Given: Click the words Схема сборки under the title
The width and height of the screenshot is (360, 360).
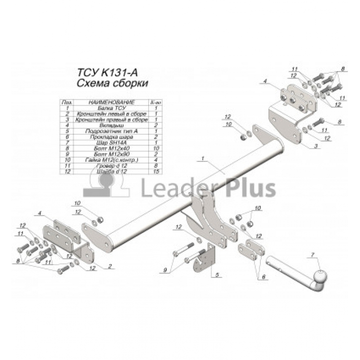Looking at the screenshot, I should coord(112,83).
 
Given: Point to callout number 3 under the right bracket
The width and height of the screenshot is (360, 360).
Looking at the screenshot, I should coord(317,146).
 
